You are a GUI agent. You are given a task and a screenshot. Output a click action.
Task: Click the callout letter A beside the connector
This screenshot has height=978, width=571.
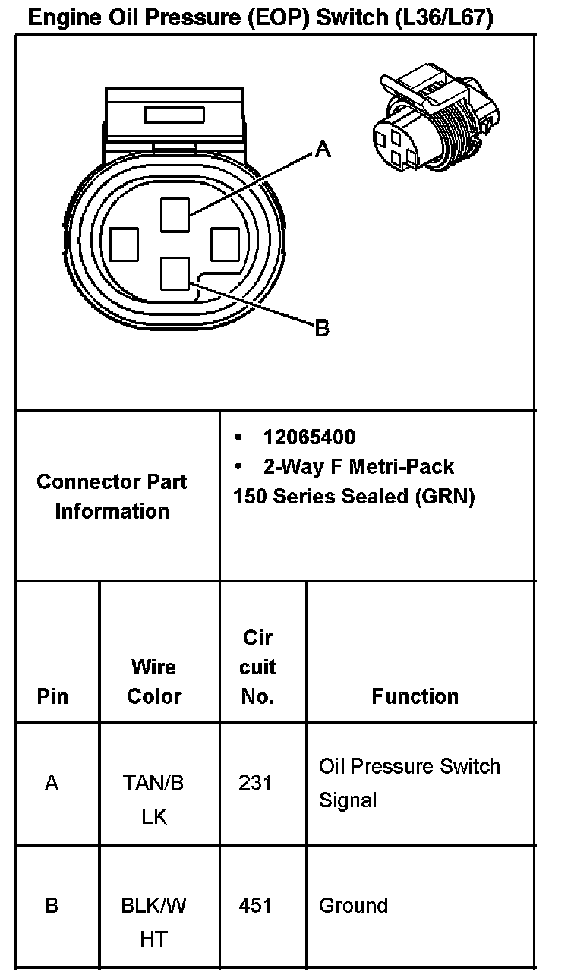point(323,150)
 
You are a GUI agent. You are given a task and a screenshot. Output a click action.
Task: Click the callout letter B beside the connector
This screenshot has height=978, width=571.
point(322,329)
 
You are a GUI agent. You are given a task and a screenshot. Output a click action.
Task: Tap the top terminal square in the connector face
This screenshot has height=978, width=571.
point(175,213)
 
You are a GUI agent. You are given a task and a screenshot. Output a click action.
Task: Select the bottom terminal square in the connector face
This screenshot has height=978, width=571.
point(175,273)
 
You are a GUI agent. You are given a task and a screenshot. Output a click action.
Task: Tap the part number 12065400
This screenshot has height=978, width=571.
point(309,437)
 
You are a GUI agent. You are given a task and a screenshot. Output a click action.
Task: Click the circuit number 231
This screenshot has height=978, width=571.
point(255,783)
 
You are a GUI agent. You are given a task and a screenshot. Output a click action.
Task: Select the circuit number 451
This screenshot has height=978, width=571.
point(255,905)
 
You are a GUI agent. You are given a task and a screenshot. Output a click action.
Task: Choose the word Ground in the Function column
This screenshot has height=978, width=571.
point(353,905)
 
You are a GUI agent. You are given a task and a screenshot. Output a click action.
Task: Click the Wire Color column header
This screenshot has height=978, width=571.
point(154,681)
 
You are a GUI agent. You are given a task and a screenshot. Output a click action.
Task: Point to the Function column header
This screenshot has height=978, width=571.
point(415,696)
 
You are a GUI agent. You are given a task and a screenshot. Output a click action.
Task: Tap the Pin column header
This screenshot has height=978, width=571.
point(52,696)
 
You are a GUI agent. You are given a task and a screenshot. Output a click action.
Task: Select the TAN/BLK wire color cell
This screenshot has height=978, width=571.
point(153,800)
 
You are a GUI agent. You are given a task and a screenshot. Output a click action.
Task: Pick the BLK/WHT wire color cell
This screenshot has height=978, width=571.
point(153,922)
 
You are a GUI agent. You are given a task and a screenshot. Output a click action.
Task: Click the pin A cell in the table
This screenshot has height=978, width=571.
point(52,783)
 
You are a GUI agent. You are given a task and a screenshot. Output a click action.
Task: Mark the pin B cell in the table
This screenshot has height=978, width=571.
point(52,905)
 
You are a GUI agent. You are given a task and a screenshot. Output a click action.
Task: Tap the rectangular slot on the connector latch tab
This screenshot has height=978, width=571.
point(174,115)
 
